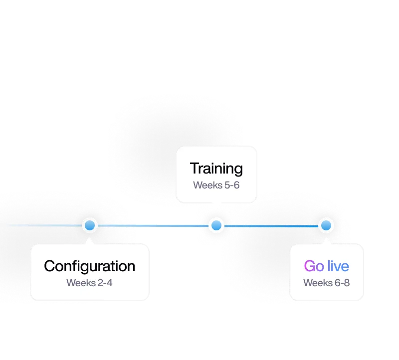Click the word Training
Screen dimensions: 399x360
coord(216,169)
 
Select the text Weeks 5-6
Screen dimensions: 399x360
coord(216,185)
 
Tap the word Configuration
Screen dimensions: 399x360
coord(90,266)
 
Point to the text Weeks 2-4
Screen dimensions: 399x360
coord(89,283)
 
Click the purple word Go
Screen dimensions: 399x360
coord(314,266)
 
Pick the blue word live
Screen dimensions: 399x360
coord(338,266)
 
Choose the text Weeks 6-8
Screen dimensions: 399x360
coord(327,283)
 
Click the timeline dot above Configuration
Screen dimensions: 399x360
coord(90,225)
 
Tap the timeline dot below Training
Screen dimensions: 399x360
coord(216,225)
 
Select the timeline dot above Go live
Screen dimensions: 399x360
coord(326,225)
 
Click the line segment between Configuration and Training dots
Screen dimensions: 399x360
coord(153,226)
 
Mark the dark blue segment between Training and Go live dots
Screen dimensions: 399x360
coord(271,226)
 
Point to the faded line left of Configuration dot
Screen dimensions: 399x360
coord(45,225)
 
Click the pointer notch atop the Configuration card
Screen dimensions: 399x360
coord(89,241)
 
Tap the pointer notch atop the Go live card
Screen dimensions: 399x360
coord(326,241)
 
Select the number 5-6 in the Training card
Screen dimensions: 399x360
coord(232,185)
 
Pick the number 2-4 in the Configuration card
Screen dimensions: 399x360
coord(105,283)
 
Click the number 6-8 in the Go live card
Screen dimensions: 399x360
coord(342,283)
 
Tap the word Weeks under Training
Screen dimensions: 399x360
coord(207,185)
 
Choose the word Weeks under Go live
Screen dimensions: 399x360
coord(318,283)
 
